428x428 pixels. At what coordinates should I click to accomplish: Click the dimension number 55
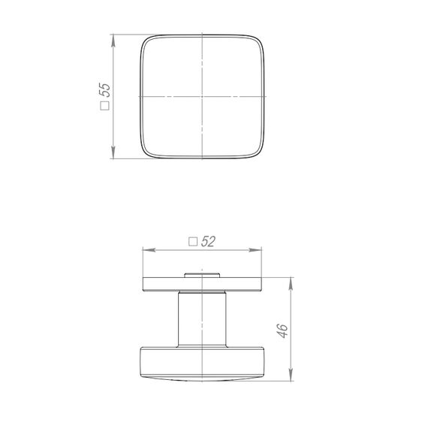105,90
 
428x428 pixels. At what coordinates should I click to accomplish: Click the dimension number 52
208,241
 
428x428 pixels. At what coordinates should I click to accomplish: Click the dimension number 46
282,331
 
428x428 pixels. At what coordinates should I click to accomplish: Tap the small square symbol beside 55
105,106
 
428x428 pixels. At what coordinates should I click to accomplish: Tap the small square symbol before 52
193,242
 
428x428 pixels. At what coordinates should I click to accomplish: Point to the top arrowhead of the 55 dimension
113,41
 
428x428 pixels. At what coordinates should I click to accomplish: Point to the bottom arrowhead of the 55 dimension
113,152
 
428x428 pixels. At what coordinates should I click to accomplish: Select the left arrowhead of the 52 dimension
149,250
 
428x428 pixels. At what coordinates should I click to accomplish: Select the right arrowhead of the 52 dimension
255,250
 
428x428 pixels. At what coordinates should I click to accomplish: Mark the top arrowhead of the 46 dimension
291,284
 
